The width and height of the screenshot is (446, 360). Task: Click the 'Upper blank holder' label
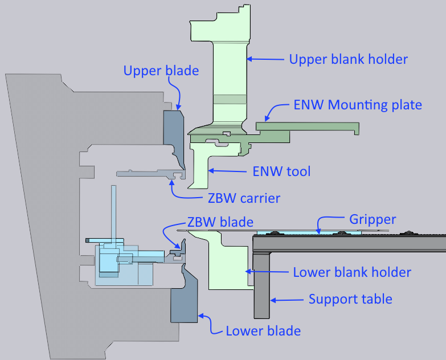coord(349,59)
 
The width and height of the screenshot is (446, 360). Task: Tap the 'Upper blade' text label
coord(161,71)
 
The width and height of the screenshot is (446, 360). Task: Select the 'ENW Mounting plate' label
coord(358,105)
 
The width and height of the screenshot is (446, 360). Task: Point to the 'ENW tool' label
coord(281,171)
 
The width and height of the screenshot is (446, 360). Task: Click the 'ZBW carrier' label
coord(244,198)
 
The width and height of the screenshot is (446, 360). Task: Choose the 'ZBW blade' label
coord(220,222)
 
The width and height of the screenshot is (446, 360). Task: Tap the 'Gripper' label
coord(373,219)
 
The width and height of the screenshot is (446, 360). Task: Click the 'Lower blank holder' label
coord(352,272)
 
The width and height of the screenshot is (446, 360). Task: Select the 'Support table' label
coord(350,299)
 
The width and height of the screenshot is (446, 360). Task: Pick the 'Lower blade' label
coord(263,331)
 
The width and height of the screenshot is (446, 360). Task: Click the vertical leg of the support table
coord(261,285)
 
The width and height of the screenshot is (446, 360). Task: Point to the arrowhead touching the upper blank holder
coord(249,59)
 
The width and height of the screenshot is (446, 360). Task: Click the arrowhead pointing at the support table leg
coord(273,300)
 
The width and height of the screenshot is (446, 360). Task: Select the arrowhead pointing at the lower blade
coord(201,316)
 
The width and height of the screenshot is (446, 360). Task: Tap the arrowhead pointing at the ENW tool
coord(211,171)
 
